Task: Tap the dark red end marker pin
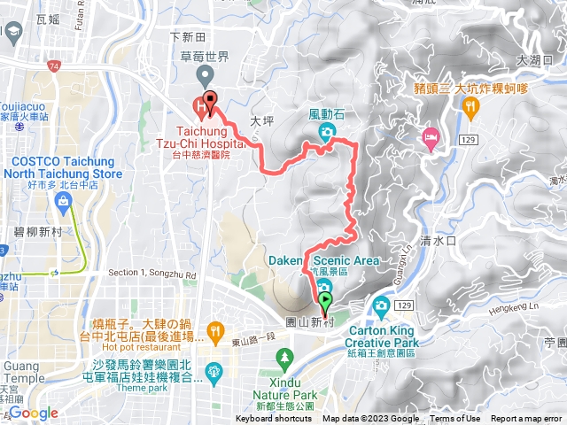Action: click(x=210, y=100)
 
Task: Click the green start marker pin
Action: click(x=324, y=305)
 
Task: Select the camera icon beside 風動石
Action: click(x=327, y=133)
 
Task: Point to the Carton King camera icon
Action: click(x=381, y=306)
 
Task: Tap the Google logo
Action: click(x=34, y=413)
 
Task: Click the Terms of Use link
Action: click(x=455, y=419)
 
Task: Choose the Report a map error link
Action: click(x=527, y=419)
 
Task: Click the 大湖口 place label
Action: click(x=533, y=59)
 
